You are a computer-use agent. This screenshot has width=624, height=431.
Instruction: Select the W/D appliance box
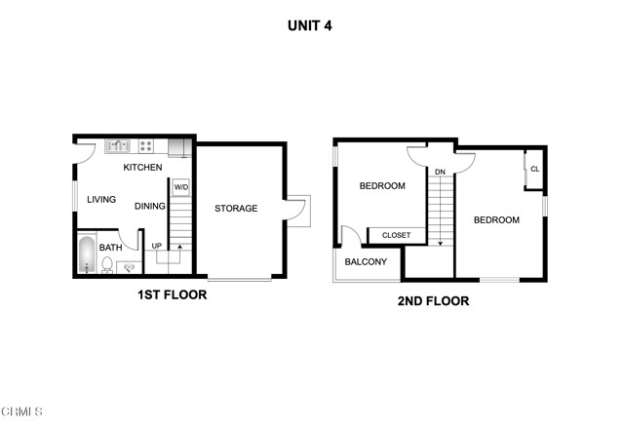(x=181, y=187)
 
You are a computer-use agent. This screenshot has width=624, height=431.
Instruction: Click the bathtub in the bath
(x=86, y=256)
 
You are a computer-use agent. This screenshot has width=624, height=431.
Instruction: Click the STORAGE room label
(x=236, y=208)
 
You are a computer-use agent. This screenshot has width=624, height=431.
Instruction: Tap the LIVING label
(x=101, y=200)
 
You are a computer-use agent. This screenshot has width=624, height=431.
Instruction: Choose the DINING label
(x=150, y=206)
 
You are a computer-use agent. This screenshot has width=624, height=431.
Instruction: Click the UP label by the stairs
(x=156, y=246)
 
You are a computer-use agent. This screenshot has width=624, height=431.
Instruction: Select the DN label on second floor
(x=440, y=173)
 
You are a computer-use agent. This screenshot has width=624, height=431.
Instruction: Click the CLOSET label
(x=396, y=235)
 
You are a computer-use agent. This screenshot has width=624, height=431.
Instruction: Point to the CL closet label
(x=534, y=170)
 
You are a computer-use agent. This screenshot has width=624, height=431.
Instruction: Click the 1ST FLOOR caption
(x=172, y=294)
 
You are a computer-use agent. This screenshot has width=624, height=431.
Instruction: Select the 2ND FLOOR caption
(x=433, y=301)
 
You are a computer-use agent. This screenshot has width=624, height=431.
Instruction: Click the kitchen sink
(x=119, y=146)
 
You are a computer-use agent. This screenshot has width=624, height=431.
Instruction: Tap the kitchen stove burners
(x=145, y=146)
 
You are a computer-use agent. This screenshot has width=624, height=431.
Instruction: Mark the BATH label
(x=111, y=248)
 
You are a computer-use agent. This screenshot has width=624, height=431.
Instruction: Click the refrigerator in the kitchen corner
(x=178, y=147)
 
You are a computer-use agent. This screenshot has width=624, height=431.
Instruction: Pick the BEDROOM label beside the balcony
(x=382, y=186)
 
